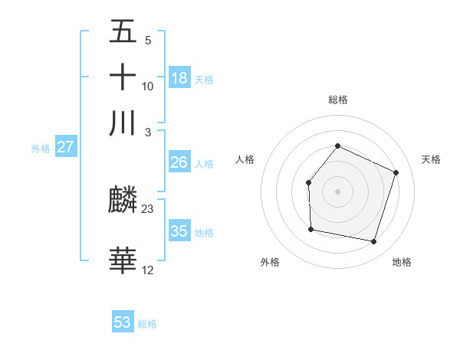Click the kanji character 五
tap(123, 31)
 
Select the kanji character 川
tap(123, 123)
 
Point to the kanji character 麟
tap(123, 201)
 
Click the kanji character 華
tap(123, 261)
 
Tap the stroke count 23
tap(148, 208)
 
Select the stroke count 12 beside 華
tap(148, 270)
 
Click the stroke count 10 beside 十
tap(148, 86)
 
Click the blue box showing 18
tap(179, 78)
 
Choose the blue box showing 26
tap(179, 162)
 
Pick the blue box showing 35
tap(179, 231)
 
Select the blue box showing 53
tap(123, 322)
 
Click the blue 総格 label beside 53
tap(147, 324)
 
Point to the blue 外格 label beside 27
tap(41, 149)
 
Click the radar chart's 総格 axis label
tap(338, 100)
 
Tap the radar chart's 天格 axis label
tap(431, 159)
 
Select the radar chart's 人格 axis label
tap(245, 159)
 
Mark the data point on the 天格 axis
tap(396, 172)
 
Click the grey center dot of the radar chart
tap(337, 191)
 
